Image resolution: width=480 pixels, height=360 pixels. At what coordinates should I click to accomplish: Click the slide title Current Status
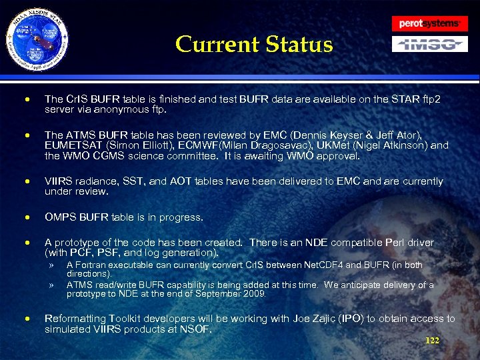(253, 45)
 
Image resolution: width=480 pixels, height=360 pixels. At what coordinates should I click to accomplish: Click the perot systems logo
(429, 23)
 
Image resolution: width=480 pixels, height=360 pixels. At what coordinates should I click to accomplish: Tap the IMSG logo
(429, 45)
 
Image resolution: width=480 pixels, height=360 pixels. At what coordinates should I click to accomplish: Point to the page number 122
(432, 341)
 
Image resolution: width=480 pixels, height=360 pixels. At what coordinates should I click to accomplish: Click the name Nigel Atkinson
(382, 145)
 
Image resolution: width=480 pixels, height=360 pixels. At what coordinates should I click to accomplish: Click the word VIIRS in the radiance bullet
(58, 181)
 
